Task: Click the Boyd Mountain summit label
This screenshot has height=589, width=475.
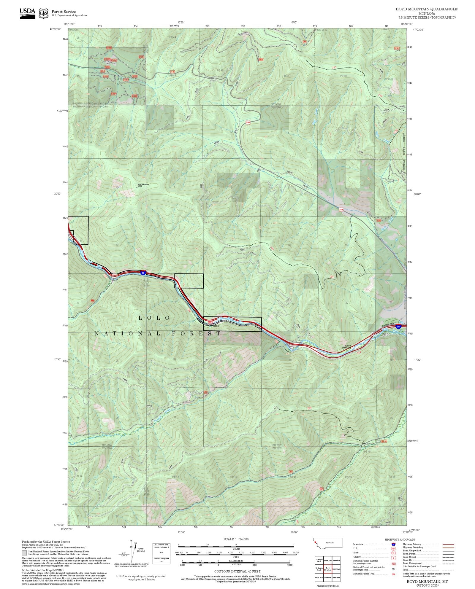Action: click(x=143, y=185)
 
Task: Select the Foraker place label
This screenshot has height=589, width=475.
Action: click(x=215, y=326)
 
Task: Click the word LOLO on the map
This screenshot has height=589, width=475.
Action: click(x=154, y=318)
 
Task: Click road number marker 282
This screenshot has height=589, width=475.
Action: click(x=290, y=472)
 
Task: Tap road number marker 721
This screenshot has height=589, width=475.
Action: click(x=321, y=489)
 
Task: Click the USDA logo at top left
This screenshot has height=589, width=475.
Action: click(x=27, y=13)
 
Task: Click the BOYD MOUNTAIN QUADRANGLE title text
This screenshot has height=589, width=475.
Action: click(x=426, y=9)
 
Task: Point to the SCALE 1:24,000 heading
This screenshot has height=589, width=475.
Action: click(x=236, y=539)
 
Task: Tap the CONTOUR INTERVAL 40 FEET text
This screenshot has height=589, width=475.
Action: click(x=237, y=571)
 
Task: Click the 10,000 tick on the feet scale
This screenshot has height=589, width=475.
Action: click(x=295, y=553)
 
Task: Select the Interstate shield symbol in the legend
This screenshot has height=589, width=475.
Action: click(x=393, y=544)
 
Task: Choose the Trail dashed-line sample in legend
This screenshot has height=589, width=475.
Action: click(x=448, y=570)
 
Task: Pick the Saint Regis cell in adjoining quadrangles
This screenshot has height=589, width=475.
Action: click(x=336, y=569)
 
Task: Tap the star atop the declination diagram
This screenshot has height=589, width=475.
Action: click(x=131, y=540)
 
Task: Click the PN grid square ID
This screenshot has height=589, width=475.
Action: click(x=161, y=553)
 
